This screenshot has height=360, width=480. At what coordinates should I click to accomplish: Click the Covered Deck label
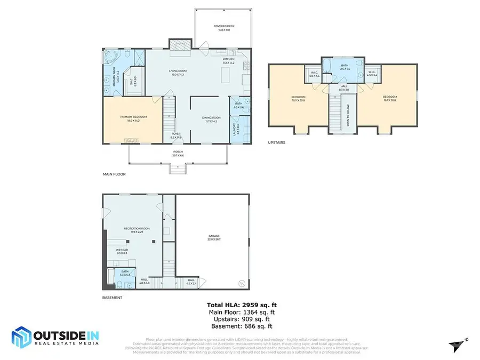tap(224, 27)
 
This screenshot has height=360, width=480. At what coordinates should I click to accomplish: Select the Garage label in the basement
tap(214, 237)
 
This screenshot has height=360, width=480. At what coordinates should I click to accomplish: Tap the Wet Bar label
tap(122, 251)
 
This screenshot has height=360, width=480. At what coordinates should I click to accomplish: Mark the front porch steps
tap(177, 169)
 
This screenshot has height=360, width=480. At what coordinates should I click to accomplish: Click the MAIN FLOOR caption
tap(114, 174)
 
